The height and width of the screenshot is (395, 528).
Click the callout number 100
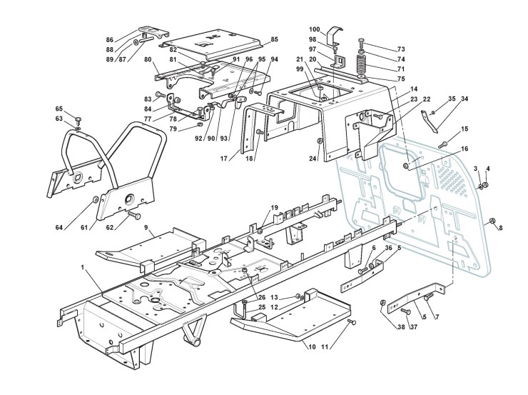[314, 29]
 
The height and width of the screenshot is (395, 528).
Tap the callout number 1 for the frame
[83, 267]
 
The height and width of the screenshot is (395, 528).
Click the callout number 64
[59, 227]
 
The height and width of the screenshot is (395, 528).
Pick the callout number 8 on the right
[500, 228]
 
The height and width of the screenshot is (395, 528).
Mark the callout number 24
[312, 159]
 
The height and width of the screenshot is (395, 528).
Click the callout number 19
[275, 208]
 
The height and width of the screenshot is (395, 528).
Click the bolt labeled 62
[134, 216]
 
